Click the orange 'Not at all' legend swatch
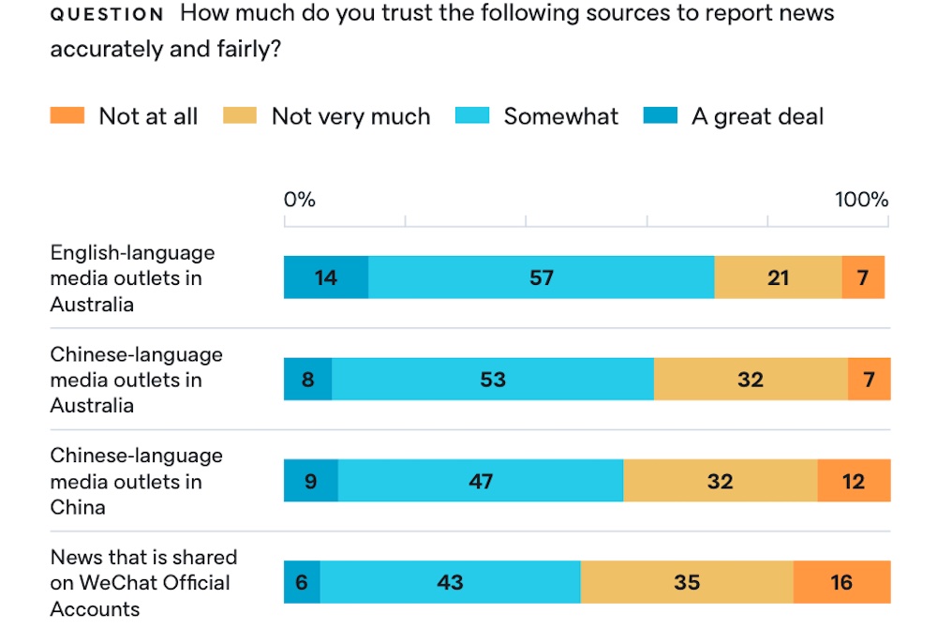(67, 116)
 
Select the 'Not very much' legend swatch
(240, 116)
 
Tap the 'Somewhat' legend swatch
(472, 116)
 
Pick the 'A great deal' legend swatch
(660, 116)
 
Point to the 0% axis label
(300, 200)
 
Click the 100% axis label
(861, 200)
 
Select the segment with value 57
(542, 277)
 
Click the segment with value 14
(326, 277)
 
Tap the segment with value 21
(778, 277)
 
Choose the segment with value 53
(493, 380)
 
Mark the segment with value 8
(308, 380)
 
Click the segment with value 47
(481, 481)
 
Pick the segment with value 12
(854, 481)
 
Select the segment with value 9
(311, 481)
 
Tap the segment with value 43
(451, 582)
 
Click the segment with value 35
(687, 582)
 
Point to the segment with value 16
(841, 582)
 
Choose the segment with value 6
(302, 582)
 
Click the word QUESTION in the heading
(107, 15)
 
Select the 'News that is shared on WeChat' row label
(143, 582)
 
